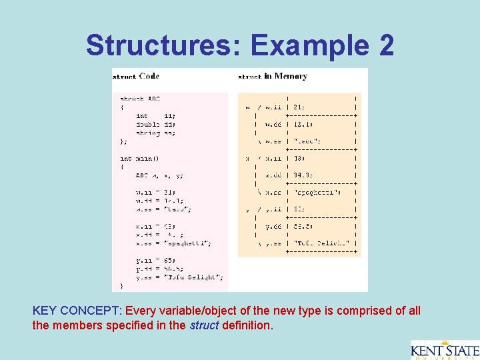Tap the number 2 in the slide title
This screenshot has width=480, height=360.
pos(386,45)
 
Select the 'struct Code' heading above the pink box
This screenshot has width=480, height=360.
pos(136,77)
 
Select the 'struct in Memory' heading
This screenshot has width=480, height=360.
pos(273,77)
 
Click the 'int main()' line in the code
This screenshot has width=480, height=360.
pos(139,159)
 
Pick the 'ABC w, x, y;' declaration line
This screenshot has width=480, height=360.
pos(159,175)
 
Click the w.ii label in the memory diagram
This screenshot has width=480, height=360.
pos(274,106)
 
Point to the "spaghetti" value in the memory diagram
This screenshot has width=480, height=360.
pos(317,192)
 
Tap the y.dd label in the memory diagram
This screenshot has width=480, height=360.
pos(274,226)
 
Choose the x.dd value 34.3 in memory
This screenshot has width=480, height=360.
pos(304,175)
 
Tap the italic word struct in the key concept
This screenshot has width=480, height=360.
pos(204,327)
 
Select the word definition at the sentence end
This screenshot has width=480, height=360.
pos(247,327)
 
